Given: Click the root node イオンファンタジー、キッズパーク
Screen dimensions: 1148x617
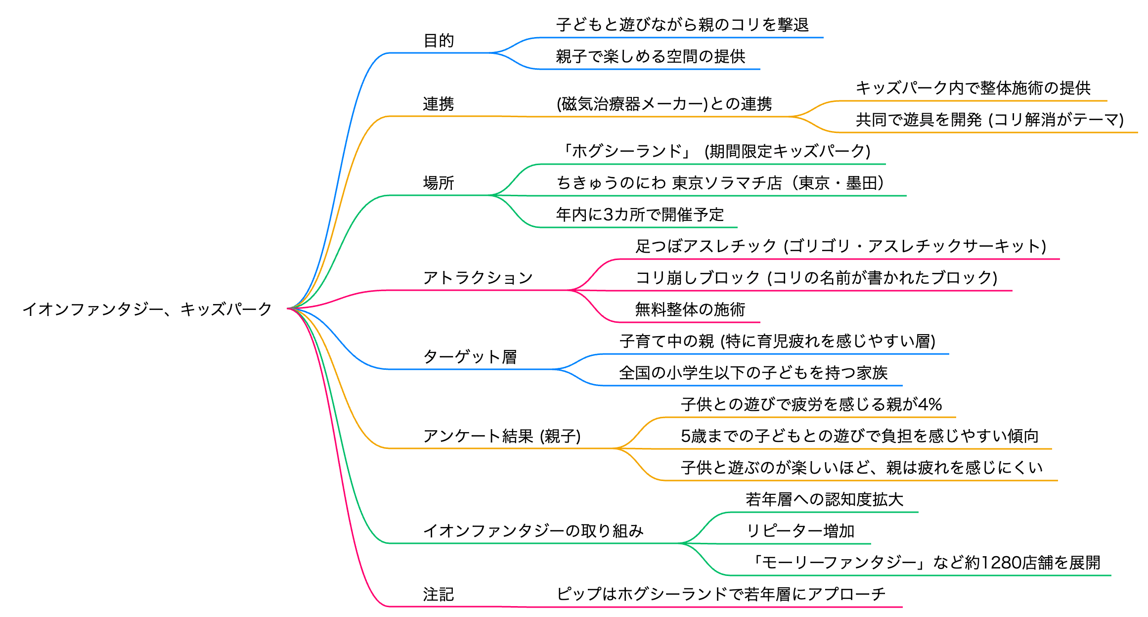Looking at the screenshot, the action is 147,309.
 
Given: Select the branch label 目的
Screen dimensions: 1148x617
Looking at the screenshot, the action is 439,41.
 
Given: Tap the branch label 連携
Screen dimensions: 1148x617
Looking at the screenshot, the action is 439,104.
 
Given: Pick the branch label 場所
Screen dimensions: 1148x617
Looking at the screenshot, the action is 439,183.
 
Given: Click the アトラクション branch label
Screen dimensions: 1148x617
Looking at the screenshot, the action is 478,278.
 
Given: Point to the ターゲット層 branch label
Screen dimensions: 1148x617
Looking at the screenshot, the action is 470,357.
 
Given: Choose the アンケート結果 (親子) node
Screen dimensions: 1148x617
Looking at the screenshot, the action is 502,436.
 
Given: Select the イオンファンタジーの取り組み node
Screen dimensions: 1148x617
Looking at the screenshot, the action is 533,531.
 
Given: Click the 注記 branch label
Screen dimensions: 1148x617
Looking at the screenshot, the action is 439,594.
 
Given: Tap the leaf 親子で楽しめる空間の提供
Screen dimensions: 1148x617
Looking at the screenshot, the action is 651,56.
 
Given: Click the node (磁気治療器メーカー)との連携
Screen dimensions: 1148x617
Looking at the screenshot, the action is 664,104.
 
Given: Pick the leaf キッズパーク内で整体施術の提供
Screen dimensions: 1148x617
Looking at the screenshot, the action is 973,88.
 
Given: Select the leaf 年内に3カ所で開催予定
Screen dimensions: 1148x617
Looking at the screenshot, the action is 640,215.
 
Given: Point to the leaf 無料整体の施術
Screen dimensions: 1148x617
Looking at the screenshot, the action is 690,309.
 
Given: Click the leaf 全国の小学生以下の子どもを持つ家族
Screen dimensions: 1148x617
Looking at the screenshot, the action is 753,373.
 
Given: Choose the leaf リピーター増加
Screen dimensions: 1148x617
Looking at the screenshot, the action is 800,531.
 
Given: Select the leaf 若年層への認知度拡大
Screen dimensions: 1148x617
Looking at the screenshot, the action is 825,499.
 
